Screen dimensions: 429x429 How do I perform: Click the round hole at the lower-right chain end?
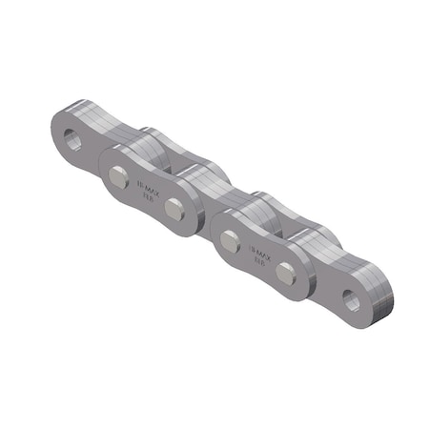tap(353, 299)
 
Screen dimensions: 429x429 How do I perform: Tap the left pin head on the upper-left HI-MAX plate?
tap(118, 175)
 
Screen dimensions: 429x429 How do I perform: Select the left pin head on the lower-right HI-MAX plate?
tap(230, 242)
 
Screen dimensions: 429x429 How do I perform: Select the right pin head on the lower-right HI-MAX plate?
tap(286, 275)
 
